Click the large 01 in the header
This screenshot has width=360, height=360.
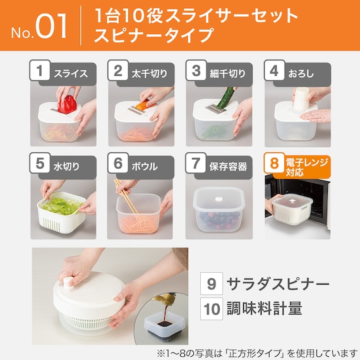[x=51, y=26]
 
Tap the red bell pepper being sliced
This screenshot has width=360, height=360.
[x=68, y=104]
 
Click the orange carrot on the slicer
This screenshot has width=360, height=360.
[x=143, y=105]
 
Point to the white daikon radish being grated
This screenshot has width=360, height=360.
[x=301, y=98]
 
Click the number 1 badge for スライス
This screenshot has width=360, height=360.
[x=40, y=70]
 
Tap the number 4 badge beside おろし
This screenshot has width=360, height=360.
[x=274, y=70]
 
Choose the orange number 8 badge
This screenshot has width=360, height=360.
[x=274, y=163]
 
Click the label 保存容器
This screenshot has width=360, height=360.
[x=228, y=167]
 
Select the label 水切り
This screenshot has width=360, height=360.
[x=66, y=167]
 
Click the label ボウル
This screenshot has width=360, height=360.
[x=145, y=167]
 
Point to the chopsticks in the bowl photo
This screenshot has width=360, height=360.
[x=126, y=196]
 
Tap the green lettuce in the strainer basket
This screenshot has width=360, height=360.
[x=61, y=206]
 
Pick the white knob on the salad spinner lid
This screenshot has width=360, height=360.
[x=67, y=283]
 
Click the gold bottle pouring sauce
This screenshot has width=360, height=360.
[x=165, y=299]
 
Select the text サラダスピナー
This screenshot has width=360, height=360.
[x=278, y=284]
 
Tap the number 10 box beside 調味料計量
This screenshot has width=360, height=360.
[x=212, y=309]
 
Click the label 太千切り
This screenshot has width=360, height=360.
[x=150, y=74]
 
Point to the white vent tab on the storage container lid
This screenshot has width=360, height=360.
[x=219, y=199]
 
